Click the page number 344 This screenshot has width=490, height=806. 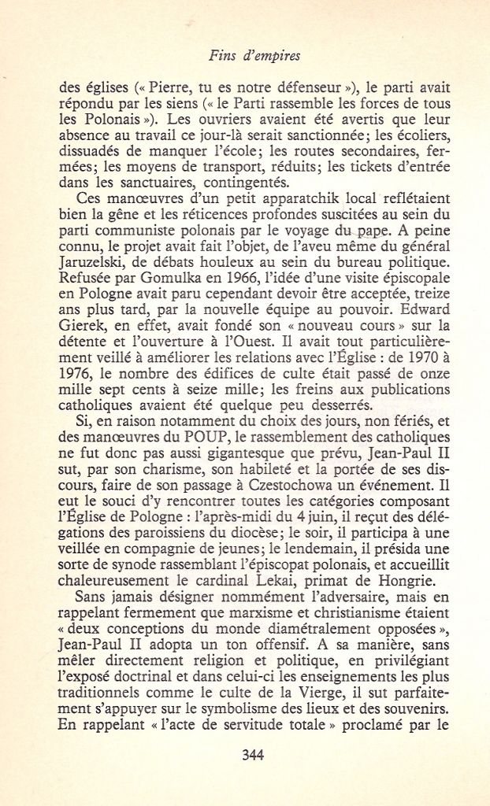[252, 754]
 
